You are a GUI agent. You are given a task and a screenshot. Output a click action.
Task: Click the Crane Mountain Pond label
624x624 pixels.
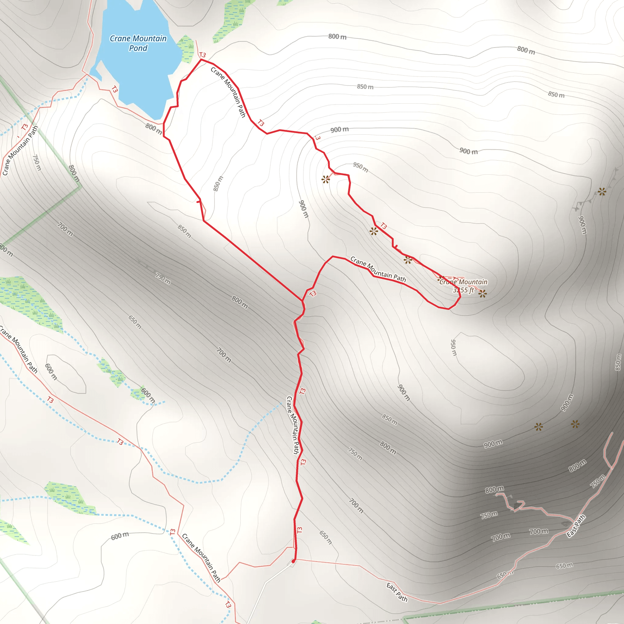138,43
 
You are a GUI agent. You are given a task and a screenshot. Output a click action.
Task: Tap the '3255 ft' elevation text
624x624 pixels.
463,290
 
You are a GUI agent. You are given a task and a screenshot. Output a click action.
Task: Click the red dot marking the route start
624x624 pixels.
293,561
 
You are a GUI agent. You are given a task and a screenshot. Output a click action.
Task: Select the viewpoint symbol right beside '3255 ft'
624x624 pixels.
483,294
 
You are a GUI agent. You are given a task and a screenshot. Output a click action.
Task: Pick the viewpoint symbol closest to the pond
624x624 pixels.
326,179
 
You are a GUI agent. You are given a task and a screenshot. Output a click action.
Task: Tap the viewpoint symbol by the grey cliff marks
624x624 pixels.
602,192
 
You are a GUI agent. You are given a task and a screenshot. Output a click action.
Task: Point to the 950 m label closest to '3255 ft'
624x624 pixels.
453,348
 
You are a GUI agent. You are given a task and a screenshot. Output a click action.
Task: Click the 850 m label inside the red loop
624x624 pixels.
218,183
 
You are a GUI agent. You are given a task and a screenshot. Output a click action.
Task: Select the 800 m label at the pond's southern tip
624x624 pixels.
154,129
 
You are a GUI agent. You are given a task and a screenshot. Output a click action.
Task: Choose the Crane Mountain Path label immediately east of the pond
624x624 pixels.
228,92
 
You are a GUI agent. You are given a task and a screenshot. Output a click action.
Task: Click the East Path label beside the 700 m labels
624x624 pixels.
576,526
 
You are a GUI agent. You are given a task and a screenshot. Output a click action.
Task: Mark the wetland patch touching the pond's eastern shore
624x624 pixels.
187,48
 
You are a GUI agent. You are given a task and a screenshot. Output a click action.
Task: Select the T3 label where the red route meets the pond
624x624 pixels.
203,55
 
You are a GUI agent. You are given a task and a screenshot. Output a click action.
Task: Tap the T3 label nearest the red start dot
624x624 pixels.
300,530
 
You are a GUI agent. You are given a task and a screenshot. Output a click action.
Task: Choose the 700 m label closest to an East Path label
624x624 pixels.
538,531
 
